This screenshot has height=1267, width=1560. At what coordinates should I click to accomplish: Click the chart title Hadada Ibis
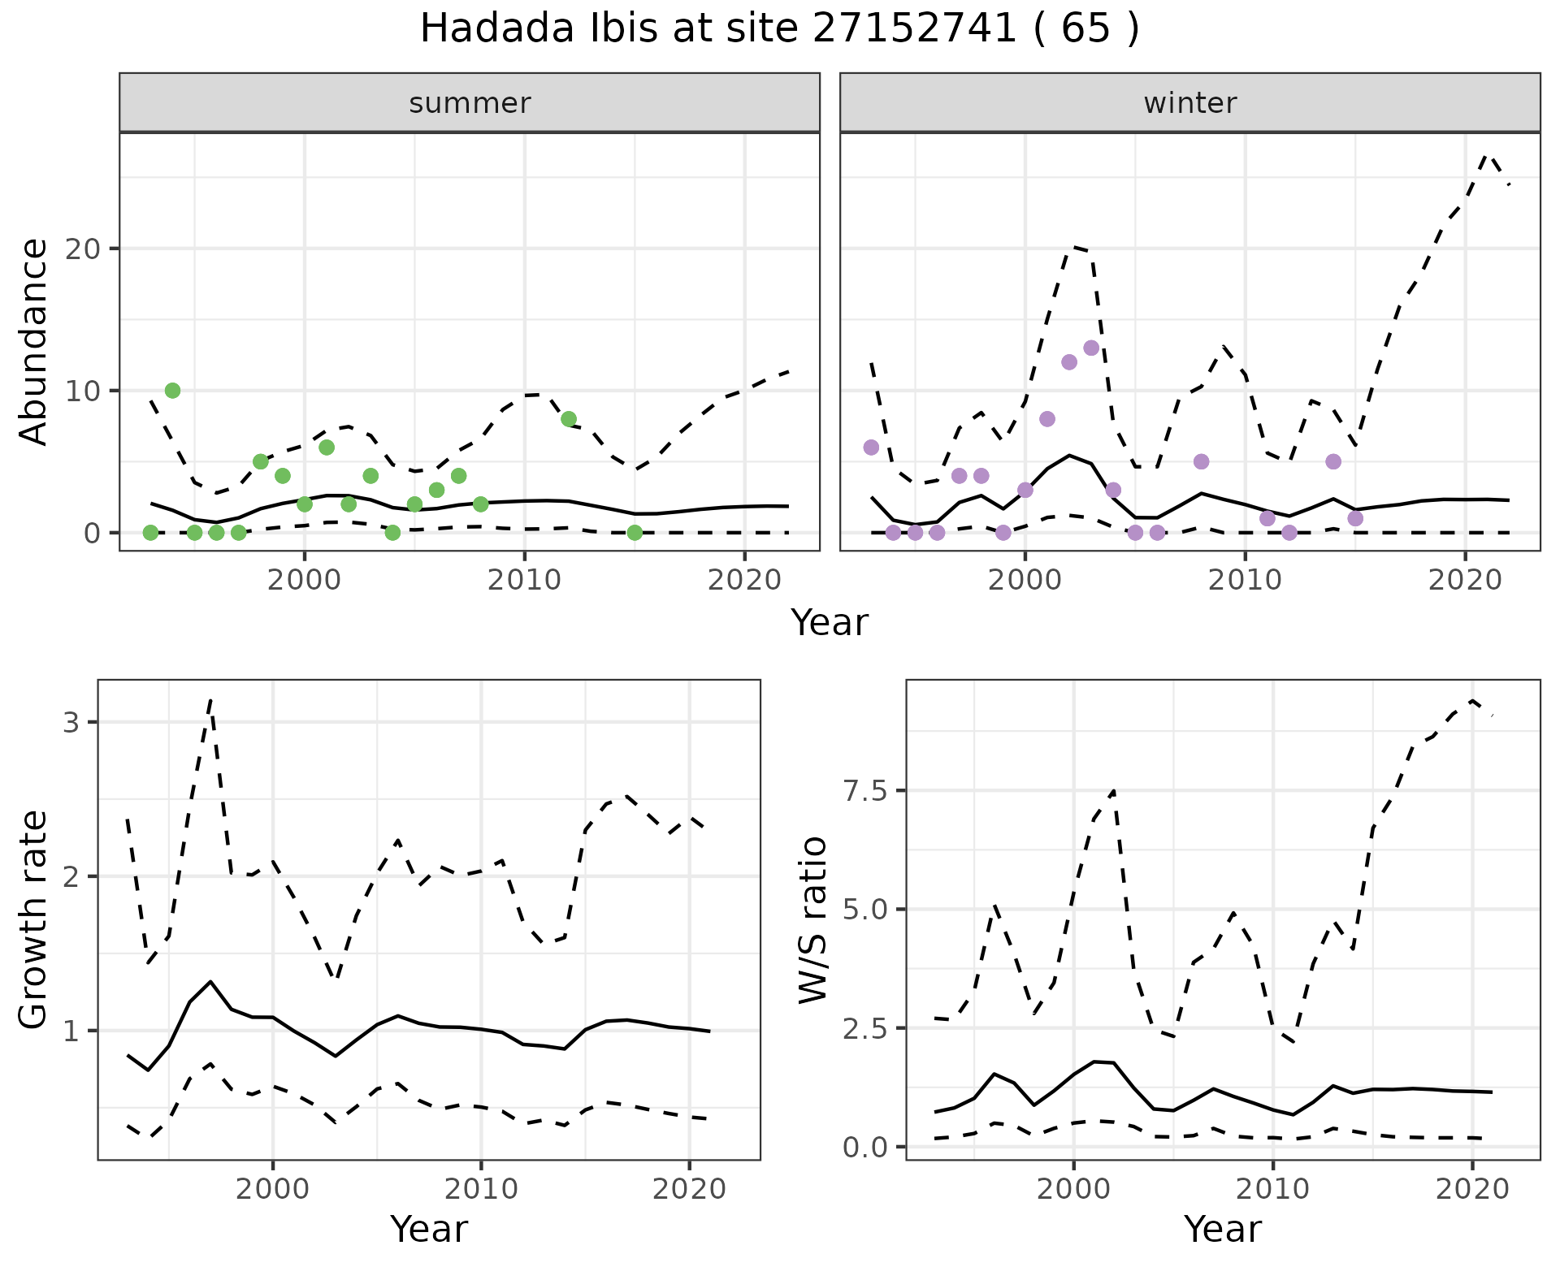click(x=779, y=29)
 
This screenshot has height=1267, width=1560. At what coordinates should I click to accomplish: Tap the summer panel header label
click(x=470, y=103)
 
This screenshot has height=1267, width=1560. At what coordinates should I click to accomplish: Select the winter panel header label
click(x=1189, y=103)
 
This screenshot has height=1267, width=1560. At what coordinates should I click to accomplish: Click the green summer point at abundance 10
click(x=172, y=391)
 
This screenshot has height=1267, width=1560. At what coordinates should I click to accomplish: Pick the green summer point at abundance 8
click(x=569, y=419)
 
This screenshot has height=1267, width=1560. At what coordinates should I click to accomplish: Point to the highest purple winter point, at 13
click(x=1091, y=348)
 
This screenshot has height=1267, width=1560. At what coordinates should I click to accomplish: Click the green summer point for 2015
click(x=635, y=533)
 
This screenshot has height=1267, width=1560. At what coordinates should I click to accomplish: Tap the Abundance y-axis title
click(x=34, y=342)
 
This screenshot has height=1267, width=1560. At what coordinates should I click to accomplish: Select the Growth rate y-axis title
click(x=34, y=919)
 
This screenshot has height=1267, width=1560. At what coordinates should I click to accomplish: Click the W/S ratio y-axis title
click(x=812, y=919)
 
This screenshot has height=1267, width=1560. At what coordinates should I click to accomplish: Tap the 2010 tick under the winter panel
click(x=1245, y=581)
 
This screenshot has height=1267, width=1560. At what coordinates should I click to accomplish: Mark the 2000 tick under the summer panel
click(x=305, y=581)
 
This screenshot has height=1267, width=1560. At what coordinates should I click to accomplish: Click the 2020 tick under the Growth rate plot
click(x=689, y=1190)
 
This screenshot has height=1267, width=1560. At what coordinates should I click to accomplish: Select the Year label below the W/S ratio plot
click(x=1222, y=1230)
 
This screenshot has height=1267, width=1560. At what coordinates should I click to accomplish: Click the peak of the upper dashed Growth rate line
click(x=210, y=699)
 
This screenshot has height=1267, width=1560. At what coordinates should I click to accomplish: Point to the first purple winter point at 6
click(x=871, y=448)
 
